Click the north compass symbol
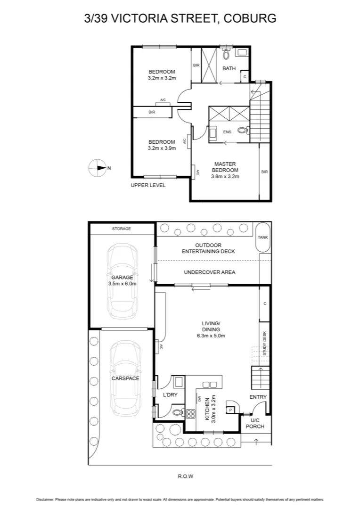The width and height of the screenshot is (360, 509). [98, 168]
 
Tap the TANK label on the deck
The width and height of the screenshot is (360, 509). [263, 237]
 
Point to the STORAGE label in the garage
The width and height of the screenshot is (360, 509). [122, 229]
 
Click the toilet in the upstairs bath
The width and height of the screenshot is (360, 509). [226, 55]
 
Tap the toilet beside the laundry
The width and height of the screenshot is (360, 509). [177, 412]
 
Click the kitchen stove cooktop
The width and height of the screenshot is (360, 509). [191, 414]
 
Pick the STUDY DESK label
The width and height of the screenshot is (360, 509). [265, 343]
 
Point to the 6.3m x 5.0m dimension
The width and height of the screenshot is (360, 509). [212, 336]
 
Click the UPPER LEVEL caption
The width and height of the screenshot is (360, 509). [148, 185]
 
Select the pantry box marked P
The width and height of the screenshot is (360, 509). [230, 410]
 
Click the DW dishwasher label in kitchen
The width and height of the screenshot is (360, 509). [200, 397]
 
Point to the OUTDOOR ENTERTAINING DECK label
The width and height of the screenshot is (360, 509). [208, 248]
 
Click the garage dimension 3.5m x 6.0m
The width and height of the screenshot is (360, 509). [122, 284]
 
